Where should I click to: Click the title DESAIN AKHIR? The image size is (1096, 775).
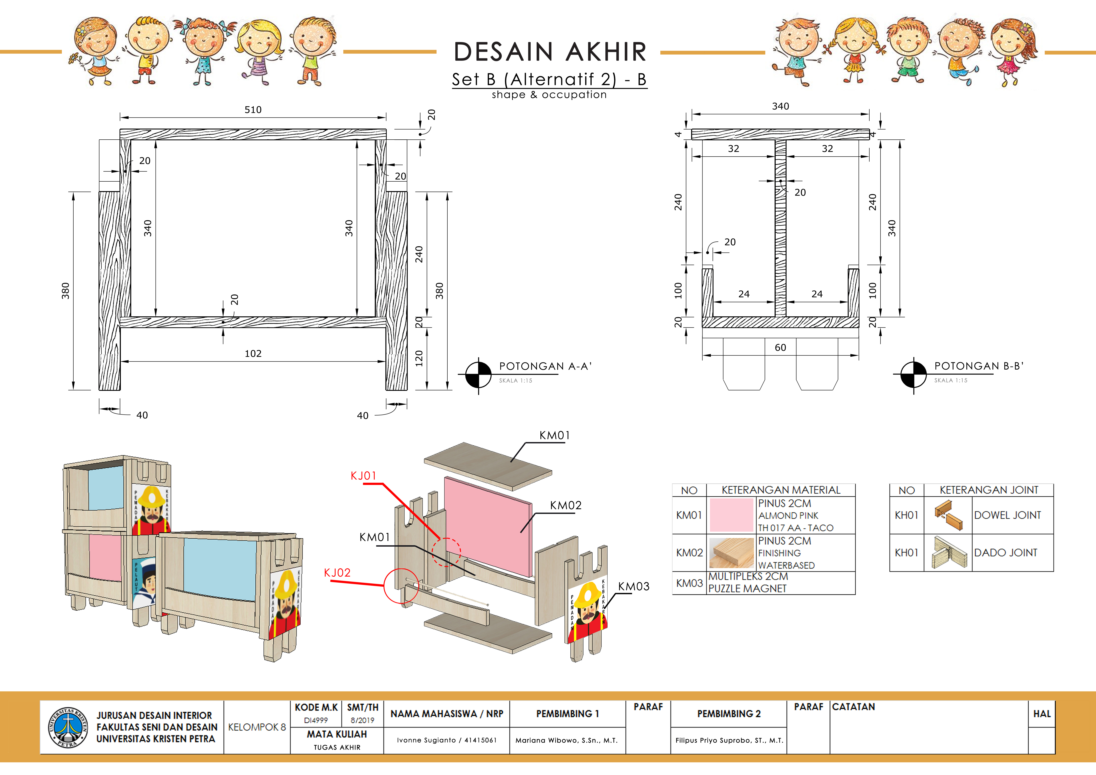550,51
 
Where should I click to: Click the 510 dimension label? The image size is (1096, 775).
253,110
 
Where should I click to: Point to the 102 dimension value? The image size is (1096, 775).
253,354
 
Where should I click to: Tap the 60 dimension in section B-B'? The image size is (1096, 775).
781,348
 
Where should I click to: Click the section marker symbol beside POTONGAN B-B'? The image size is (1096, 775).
913,375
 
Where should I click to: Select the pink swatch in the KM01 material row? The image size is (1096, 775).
731,515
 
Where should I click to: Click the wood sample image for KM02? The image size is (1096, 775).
731,553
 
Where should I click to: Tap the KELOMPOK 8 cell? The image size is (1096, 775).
257,727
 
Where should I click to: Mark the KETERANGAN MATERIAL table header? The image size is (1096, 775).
781,490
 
